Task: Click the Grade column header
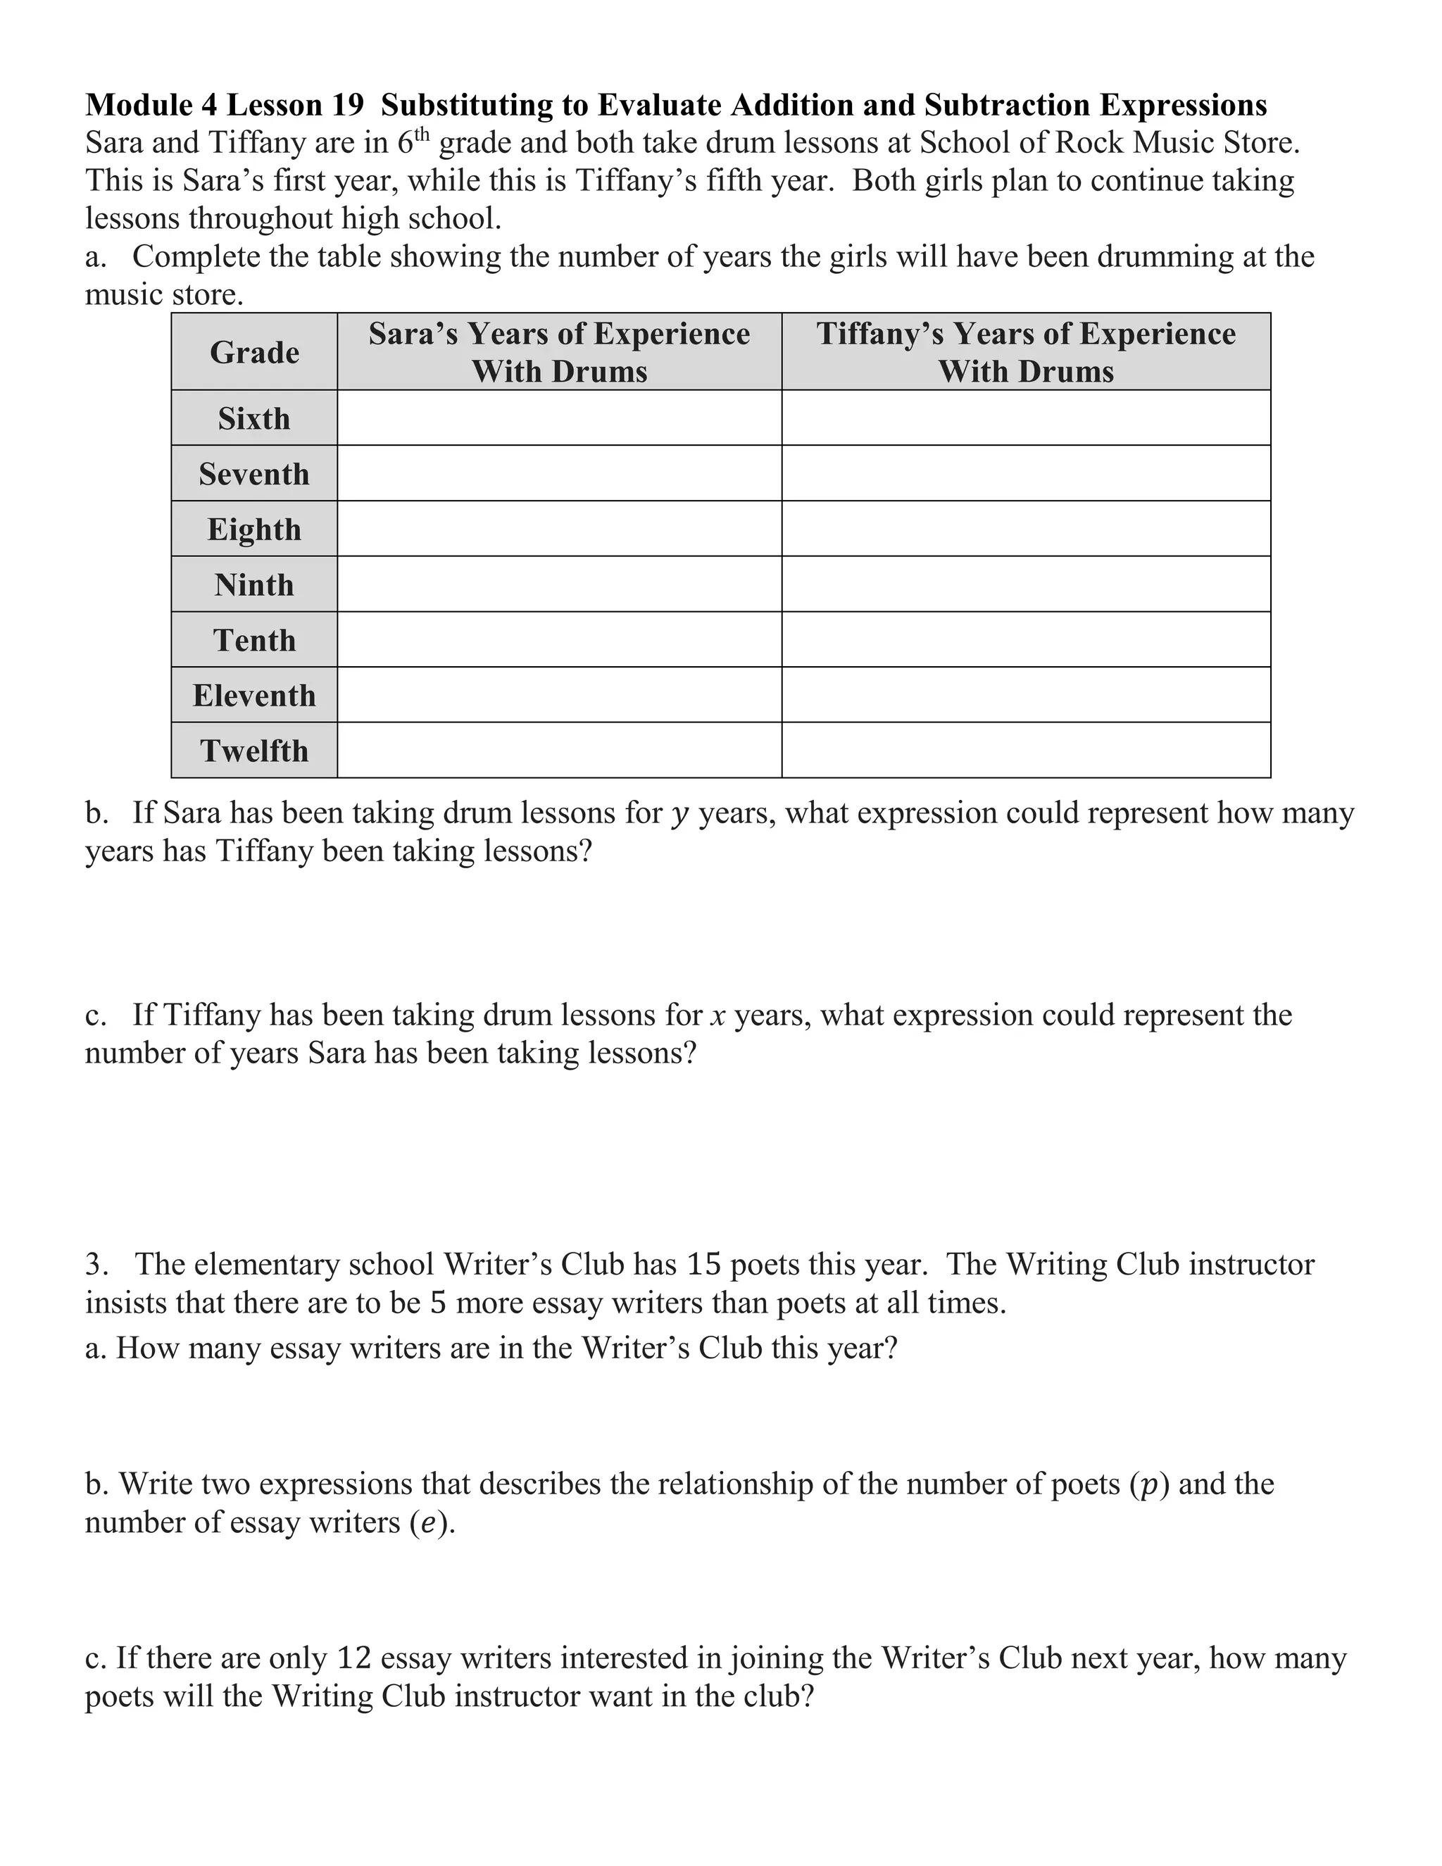pyautogui.click(x=255, y=352)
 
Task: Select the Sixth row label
pyautogui.click(x=255, y=419)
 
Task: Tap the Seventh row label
pyautogui.click(x=255, y=474)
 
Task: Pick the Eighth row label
pyautogui.click(x=255, y=530)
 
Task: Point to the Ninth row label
pyautogui.click(x=255, y=585)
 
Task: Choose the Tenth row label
pyautogui.click(x=255, y=641)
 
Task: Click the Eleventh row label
pyautogui.click(x=255, y=696)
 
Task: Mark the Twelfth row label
pyautogui.click(x=255, y=751)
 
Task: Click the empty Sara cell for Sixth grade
pyautogui.click(x=560, y=419)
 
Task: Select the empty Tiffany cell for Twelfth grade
pyautogui.click(x=1026, y=751)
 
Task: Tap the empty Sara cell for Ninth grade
pyautogui.click(x=560, y=585)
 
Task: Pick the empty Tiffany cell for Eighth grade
pyautogui.click(x=1026, y=530)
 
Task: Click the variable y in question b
pyautogui.click(x=680, y=813)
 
